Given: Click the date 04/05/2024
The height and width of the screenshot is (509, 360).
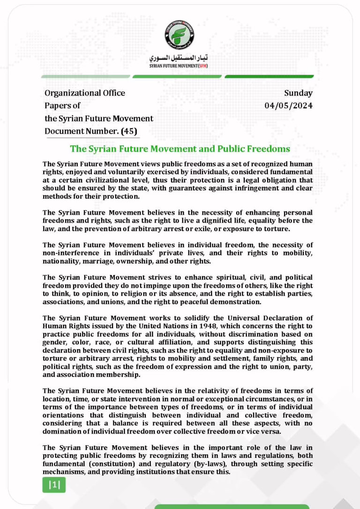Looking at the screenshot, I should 288,105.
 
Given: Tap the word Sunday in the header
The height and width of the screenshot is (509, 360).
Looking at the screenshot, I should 298,93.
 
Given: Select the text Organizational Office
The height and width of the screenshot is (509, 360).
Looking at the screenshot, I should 85,93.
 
